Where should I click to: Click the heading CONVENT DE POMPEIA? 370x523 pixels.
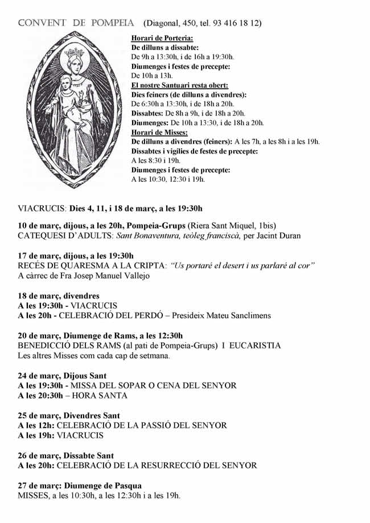coord(77,23)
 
